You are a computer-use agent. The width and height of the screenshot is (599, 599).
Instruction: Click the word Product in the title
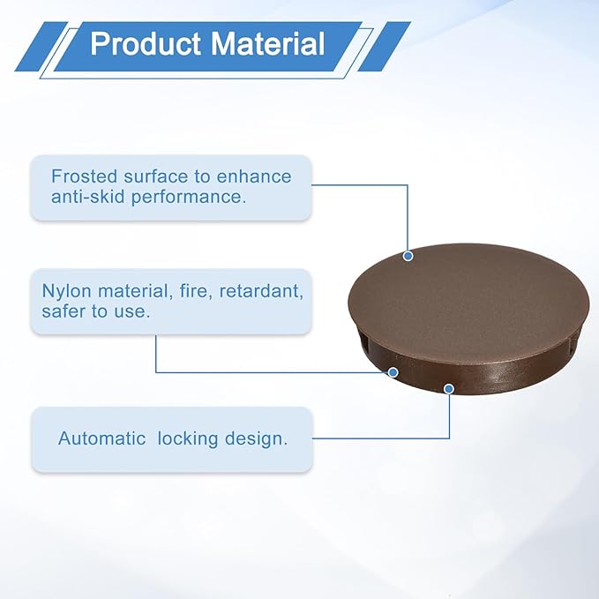coord(146,43)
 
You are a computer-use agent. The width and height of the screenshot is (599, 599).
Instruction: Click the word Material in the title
coord(267,43)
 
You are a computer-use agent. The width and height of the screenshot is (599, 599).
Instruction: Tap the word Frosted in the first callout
coord(84,176)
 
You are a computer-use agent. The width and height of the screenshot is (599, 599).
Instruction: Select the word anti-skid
coord(88,197)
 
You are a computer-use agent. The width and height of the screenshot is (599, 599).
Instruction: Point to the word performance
coord(189,198)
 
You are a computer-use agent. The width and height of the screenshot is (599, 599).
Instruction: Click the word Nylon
coord(66,291)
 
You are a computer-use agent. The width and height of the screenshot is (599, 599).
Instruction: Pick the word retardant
coord(261,291)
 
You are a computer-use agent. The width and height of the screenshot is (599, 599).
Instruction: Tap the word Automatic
coord(102,438)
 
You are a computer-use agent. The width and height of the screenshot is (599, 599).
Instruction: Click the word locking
coord(188,439)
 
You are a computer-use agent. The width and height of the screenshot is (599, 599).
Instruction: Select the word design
coord(256,439)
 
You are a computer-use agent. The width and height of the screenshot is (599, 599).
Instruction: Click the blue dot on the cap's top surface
coord(408,256)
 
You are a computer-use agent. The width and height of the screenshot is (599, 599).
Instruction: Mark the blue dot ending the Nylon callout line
coord(393,372)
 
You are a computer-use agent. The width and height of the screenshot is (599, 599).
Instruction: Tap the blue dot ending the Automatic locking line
coord(449,389)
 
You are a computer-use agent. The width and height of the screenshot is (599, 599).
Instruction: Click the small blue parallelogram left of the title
coord(41,47)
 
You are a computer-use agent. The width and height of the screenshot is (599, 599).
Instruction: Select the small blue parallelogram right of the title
coord(384,47)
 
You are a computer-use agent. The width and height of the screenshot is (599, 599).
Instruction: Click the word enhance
coord(254,176)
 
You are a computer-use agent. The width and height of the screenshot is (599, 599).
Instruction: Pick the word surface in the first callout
coord(155,176)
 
